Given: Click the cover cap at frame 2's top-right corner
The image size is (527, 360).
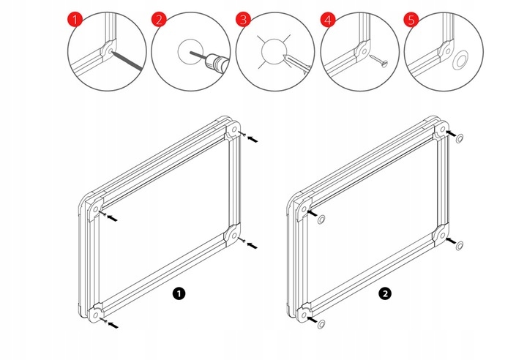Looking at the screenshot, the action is click(461, 138).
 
